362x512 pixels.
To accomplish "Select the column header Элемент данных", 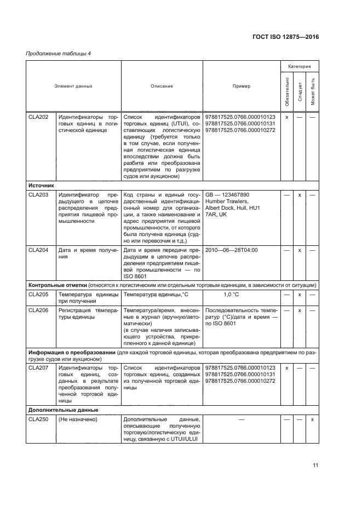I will [x=73, y=86].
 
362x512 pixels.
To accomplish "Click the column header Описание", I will [x=162, y=86].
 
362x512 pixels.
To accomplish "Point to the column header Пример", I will [x=241, y=86].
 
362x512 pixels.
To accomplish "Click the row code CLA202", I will [x=38, y=117].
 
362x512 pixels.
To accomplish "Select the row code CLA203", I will [x=38, y=194].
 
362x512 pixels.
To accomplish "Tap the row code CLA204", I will [x=38, y=250].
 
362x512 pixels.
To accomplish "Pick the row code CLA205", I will [x=38, y=295].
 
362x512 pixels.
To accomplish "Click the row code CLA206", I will [x=38, y=310].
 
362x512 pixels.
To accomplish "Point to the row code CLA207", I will [x=38, y=368].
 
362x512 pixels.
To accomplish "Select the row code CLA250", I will [x=38, y=419].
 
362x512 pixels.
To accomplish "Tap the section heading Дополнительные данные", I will [x=63, y=410].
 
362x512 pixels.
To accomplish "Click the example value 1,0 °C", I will [x=231, y=295].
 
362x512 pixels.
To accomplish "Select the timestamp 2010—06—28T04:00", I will [x=231, y=250].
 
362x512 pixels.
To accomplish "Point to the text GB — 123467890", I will [x=227, y=194].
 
